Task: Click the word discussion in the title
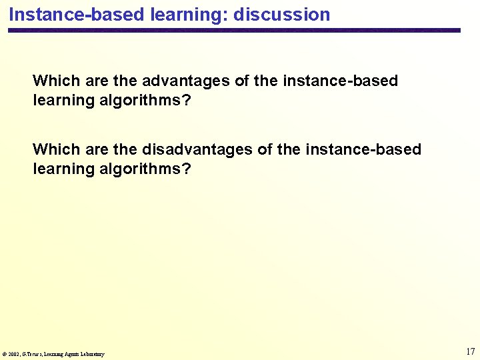tap(281, 15)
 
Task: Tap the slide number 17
tap(470, 351)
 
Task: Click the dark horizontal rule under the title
tap(233, 31)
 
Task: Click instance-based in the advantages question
tap(340, 81)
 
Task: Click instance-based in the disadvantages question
tap(363, 149)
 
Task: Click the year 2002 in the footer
tap(14, 354)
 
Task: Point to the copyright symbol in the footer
tap(5, 354)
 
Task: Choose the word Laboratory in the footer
tap(93, 354)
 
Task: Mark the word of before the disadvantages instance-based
tap(265, 149)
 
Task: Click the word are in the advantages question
tap(97, 81)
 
